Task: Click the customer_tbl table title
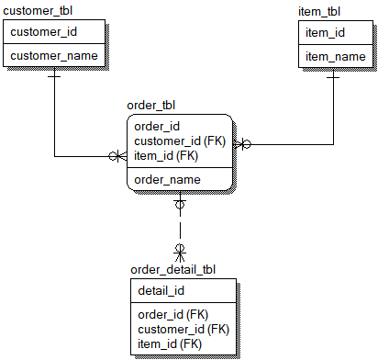(39, 10)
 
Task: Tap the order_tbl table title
(152, 107)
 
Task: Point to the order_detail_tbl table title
(173, 269)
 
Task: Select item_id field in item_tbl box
(325, 33)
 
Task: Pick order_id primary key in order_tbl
(157, 127)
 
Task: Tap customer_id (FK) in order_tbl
(180, 141)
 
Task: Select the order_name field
(167, 179)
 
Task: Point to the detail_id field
(161, 291)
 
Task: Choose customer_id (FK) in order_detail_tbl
(183, 329)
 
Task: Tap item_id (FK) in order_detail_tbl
(170, 343)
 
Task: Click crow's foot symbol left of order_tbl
(118, 156)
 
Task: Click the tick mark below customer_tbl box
(54, 77)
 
